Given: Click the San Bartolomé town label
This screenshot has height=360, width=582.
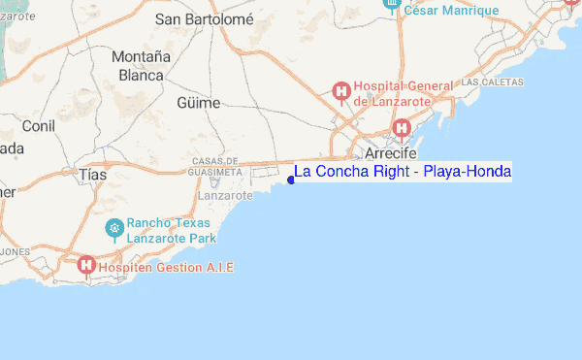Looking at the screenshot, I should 205,18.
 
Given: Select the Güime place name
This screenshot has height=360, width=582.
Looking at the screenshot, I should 199,103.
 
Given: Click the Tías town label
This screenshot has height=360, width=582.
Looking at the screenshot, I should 93,174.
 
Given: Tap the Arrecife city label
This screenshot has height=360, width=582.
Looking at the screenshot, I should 391,154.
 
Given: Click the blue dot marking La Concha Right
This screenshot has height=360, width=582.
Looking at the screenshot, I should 291,180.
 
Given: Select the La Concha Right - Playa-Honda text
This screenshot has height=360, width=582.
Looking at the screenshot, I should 403,172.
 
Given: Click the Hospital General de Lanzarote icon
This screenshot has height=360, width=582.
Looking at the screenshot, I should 340,92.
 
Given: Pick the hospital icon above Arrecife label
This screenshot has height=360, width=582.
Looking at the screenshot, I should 402,128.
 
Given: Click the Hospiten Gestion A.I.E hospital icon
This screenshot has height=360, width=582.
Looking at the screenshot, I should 86,265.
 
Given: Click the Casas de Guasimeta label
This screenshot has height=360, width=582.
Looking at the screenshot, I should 215,166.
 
